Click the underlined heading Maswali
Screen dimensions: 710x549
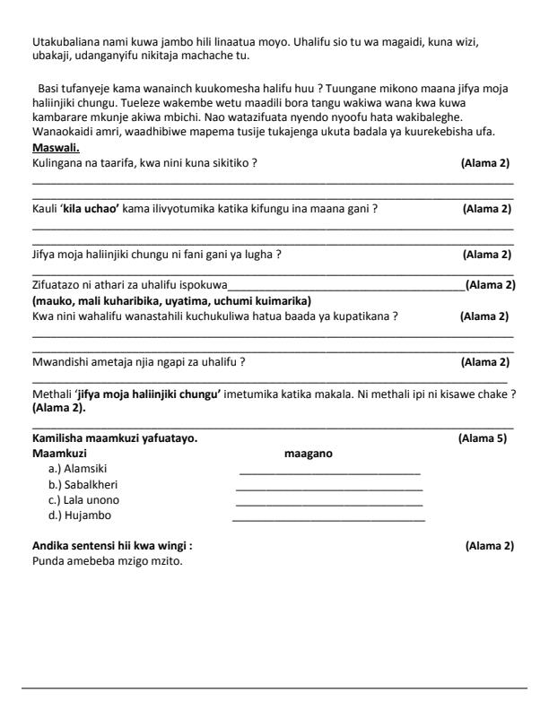click(x=56, y=147)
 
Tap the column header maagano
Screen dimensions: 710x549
click(x=308, y=454)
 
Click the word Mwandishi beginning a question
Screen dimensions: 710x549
click(x=61, y=362)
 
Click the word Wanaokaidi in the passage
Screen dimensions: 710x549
click(x=65, y=132)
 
